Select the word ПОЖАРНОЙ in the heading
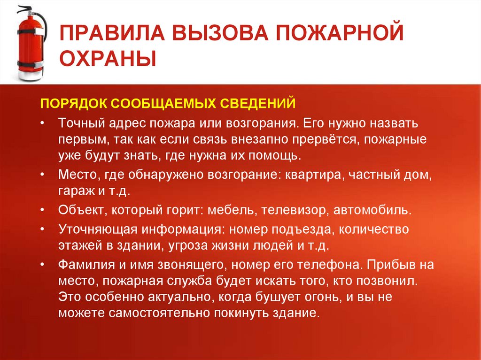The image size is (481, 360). [348, 36]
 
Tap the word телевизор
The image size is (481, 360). [293, 210]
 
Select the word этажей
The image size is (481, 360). [78, 245]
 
